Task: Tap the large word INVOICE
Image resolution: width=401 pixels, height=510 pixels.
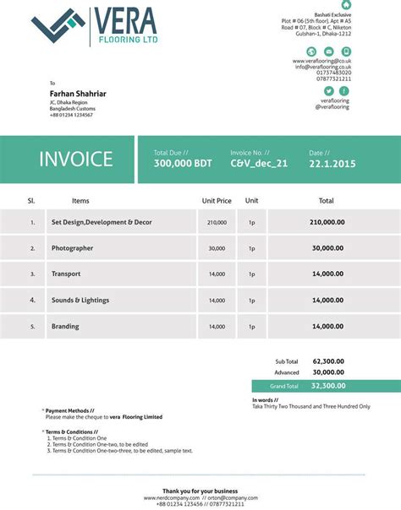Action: (75, 159)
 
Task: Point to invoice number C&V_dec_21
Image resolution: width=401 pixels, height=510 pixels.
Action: (259, 164)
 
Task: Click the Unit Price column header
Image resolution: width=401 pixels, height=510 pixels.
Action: (217, 201)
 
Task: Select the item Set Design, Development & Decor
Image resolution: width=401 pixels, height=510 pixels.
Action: (102, 222)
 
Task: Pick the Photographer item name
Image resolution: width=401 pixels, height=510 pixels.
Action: (72, 248)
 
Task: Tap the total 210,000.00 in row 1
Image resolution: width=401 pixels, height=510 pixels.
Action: (327, 222)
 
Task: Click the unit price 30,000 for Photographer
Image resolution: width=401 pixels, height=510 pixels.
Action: (217, 248)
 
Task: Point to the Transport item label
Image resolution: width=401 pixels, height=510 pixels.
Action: (66, 274)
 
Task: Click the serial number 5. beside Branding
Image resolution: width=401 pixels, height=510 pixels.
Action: (32, 326)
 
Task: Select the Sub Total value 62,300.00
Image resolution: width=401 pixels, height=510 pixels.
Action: (327, 361)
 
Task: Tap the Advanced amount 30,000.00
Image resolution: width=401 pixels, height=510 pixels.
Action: (327, 372)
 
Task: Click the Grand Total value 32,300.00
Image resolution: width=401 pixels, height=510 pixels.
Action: (327, 385)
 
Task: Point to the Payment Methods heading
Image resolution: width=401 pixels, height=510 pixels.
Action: (70, 410)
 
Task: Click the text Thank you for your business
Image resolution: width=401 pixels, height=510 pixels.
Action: (200, 491)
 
